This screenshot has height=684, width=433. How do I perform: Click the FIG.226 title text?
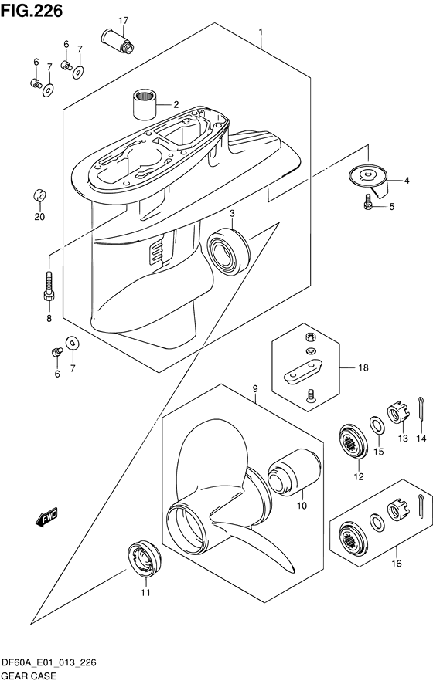tap(32, 10)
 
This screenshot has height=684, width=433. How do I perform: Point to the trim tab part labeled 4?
tap(370, 203)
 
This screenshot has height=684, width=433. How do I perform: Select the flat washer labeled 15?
tap(376, 425)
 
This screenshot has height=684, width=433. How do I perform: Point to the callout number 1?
tap(261, 33)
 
